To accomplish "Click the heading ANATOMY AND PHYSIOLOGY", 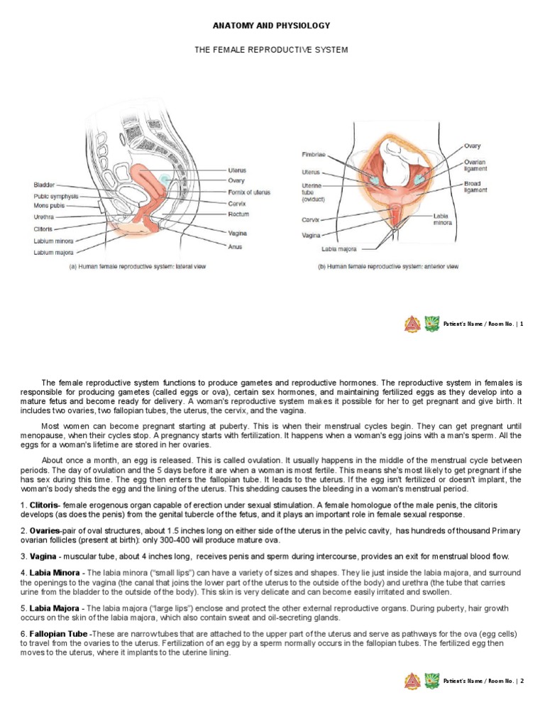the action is (272, 26).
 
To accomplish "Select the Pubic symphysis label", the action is (56, 196).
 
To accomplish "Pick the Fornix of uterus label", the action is (249, 192).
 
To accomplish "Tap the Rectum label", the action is (239, 214).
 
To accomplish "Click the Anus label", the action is (236, 246).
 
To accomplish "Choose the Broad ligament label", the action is (475, 187).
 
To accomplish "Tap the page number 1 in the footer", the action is (522, 324).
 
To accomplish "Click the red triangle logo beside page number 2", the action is (412, 681).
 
